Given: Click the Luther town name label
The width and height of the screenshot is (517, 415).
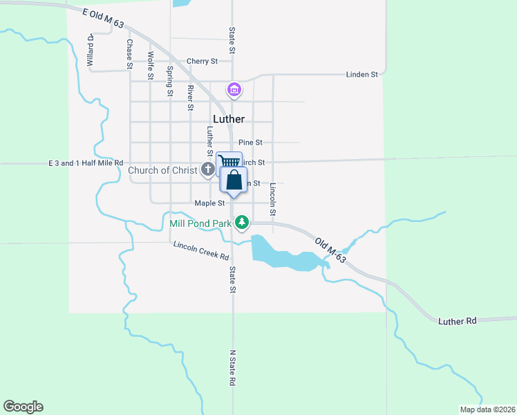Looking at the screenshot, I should point(229,119).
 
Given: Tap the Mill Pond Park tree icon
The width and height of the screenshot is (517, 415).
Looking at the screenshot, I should point(242,222).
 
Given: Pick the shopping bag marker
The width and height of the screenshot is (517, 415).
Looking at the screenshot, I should point(234,181).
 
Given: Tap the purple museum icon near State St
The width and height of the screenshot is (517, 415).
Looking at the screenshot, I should point(234,90).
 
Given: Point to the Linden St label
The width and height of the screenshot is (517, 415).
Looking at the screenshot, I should point(362,74).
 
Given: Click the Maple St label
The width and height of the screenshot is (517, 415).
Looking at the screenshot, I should point(209,203).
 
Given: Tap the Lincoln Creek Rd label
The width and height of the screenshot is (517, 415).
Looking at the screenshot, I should point(201,250).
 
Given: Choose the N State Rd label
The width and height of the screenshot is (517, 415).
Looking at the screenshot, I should point(233,368).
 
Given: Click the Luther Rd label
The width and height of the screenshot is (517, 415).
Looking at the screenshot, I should point(458,321).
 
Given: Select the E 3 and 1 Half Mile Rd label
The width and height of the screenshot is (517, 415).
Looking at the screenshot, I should point(85,163).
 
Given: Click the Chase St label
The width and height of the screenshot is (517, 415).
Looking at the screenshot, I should point(129,53).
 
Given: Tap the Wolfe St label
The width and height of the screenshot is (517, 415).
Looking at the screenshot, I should point(150,64).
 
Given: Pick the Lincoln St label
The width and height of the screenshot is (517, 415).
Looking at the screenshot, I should point(273,196).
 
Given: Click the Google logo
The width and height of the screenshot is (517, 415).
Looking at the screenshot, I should point(23,407).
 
